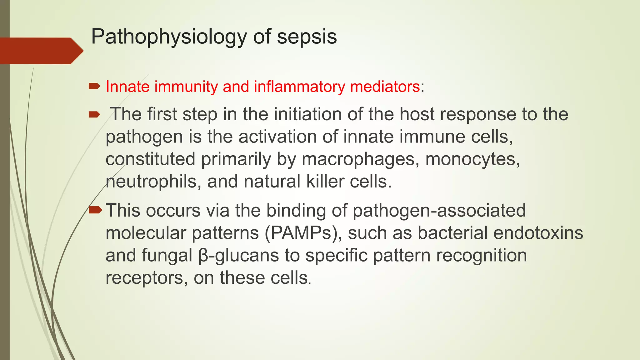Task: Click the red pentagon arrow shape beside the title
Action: pos(41,51)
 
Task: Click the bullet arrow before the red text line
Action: pos(94,86)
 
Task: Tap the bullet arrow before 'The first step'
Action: pos(94,115)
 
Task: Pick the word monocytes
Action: pos(472,159)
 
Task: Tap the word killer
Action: pos(325,181)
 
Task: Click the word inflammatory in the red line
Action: pos(299,87)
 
